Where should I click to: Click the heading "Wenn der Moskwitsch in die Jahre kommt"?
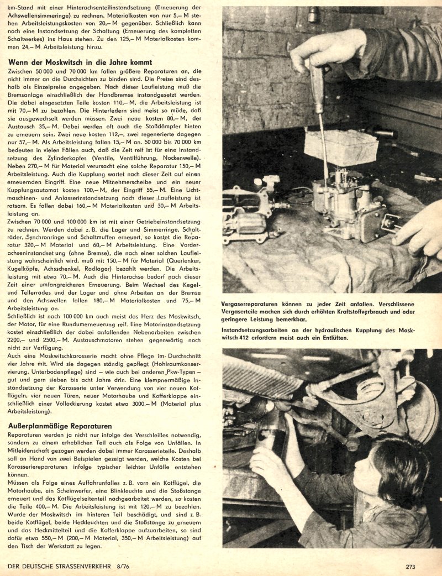pyautogui.click(x=81, y=62)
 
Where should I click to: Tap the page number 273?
pyautogui.click(x=410, y=566)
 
